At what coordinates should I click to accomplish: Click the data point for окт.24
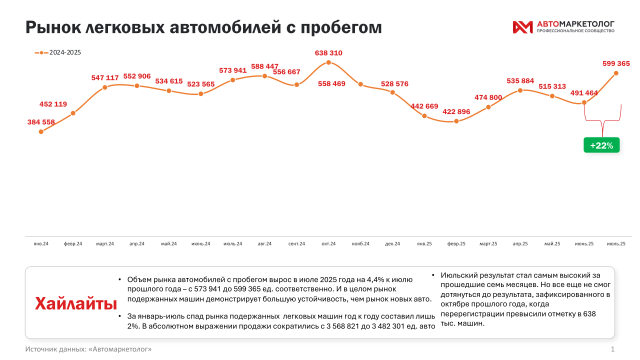point(328,62)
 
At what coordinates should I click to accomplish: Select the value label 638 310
point(328,52)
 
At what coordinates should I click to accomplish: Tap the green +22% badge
point(601,145)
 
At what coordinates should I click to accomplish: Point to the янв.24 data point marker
point(41,131)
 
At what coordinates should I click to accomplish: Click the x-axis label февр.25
point(456,243)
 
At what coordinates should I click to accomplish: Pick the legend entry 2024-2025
point(58,52)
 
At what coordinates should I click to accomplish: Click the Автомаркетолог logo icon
point(522,27)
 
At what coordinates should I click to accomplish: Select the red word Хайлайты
point(76,303)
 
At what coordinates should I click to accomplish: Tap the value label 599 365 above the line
point(616,63)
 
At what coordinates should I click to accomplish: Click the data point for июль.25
point(616,73)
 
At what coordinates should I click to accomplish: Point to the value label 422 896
point(456,111)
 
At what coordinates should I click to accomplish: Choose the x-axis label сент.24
point(296,243)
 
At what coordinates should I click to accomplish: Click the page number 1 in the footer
point(612,348)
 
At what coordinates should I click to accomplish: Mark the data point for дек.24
point(392,92)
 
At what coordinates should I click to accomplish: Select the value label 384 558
point(41,121)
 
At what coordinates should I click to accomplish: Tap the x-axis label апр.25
point(520,243)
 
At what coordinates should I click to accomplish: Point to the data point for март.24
point(105,87)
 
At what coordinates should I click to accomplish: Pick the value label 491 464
point(584,93)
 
